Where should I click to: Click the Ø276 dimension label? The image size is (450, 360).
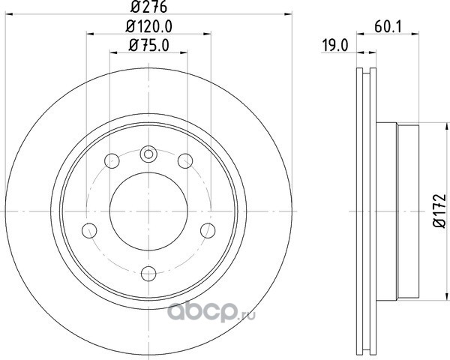(148, 7)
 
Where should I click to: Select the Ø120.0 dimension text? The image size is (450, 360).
(149, 27)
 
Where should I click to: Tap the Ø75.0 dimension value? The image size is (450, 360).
(149, 45)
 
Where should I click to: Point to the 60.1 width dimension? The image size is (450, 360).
(388, 27)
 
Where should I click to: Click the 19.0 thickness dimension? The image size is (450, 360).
(335, 46)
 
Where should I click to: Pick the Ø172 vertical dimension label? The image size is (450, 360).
(439, 211)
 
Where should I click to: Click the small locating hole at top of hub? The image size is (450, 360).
(148, 154)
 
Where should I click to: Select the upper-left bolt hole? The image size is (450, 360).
(112, 160)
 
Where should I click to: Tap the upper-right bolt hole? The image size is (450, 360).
(185, 160)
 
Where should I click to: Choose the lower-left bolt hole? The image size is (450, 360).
(89, 230)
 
